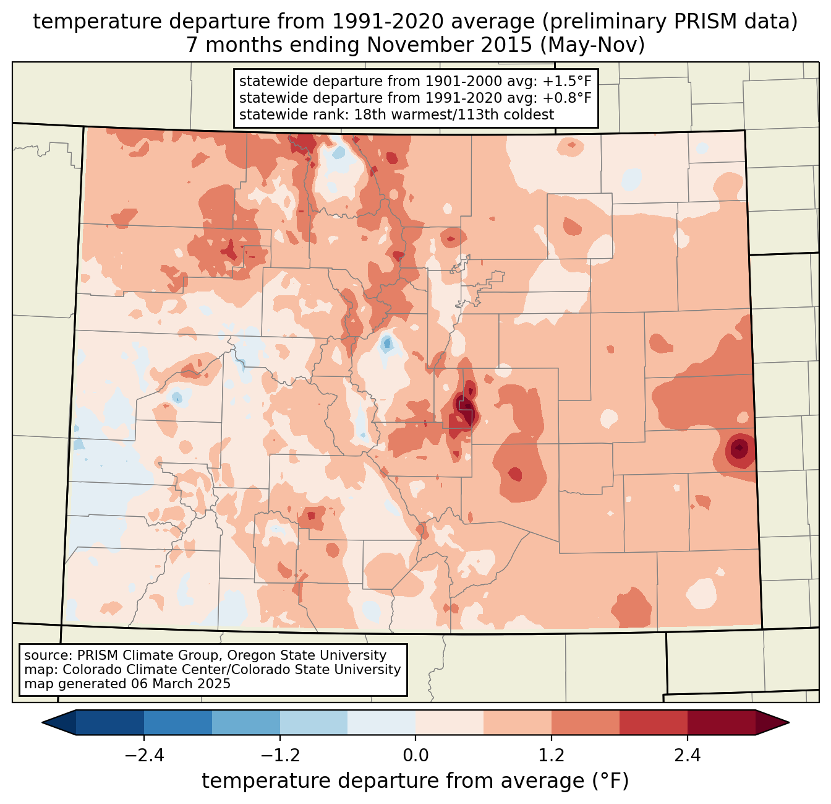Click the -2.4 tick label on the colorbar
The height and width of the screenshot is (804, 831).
point(144,756)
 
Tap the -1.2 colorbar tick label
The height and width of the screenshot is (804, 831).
point(279,756)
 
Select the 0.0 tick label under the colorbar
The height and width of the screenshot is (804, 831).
point(415,756)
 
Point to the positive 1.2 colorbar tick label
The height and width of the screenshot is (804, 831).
point(552,756)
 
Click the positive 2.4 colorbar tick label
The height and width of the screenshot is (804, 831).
point(687,756)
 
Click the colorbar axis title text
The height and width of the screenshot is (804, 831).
point(415,781)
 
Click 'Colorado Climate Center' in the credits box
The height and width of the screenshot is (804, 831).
point(132,670)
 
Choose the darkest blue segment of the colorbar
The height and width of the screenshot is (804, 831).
point(110,722)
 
